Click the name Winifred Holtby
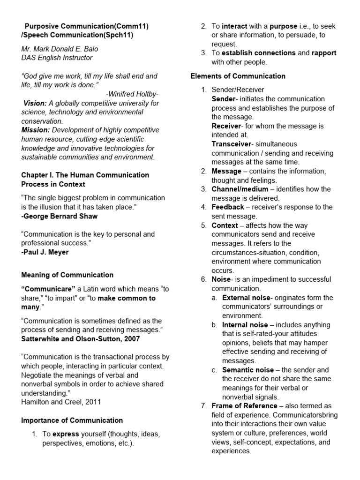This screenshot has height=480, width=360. pos(132,94)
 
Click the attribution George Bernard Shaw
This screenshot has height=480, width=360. pos(59,216)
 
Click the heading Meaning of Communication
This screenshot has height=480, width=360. pos(67,275)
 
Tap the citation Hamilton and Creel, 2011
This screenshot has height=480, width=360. pos(60,402)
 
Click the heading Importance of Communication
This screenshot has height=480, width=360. pos(72,420)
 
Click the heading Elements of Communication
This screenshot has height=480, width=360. pos(238,76)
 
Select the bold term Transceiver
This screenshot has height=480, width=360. pos(231,144)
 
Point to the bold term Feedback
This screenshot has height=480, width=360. pos(228,207)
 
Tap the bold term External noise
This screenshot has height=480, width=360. pos(246,298)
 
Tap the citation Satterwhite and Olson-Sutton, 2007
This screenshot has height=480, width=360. pos(80,339)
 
